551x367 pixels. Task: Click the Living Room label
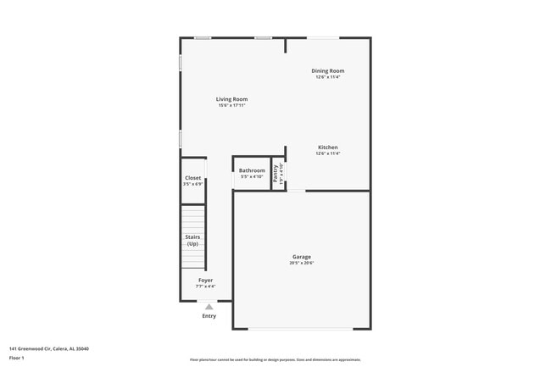(231, 99)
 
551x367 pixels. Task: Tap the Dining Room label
(327, 70)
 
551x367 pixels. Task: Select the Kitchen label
(327, 147)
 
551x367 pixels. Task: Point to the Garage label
(302, 257)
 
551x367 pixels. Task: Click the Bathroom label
(252, 170)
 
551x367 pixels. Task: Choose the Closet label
(193, 178)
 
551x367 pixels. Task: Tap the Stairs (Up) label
(193, 240)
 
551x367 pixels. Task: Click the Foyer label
(206, 280)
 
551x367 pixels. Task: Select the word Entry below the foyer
(209, 316)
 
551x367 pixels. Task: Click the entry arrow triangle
(209, 307)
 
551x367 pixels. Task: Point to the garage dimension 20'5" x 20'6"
(302, 264)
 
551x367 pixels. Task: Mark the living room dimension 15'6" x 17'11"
(231, 106)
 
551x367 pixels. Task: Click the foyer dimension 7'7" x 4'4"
(206, 286)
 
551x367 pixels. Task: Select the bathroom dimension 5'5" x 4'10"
(252, 177)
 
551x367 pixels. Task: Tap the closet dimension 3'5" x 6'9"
(193, 184)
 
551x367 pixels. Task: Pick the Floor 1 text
(17, 359)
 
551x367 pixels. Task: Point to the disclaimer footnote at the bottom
(275, 359)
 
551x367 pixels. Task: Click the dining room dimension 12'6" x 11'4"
(327, 77)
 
